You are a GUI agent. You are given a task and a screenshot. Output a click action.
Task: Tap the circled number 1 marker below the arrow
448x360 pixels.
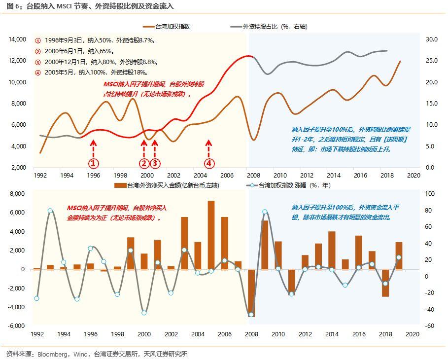(94, 163)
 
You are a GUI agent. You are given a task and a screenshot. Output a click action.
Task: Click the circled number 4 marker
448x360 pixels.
(209, 163)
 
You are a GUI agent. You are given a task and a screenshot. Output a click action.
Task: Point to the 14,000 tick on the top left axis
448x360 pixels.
(17, 39)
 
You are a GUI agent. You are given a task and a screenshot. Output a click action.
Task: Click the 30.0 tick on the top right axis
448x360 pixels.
(432, 39)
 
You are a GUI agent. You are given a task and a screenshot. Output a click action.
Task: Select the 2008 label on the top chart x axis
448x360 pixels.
(254, 175)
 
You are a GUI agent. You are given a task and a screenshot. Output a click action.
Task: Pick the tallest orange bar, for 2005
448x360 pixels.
(211, 235)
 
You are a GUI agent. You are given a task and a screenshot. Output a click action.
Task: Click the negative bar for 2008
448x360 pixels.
(251, 293)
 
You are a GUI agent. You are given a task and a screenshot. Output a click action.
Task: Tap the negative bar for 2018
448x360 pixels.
(385, 283)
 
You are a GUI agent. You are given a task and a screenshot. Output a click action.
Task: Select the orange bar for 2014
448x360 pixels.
(332, 251)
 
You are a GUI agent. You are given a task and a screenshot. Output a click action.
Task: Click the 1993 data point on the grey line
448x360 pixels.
(50, 211)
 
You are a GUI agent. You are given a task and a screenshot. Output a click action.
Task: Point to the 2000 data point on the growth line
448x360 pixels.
(144, 313)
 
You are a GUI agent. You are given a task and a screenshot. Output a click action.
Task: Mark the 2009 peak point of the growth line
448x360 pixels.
(265, 212)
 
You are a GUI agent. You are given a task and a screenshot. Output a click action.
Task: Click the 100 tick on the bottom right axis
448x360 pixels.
(430, 194)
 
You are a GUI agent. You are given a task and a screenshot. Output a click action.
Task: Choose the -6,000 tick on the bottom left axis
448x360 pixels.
(17, 325)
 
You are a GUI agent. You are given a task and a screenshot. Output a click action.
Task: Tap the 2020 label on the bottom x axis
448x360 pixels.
(413, 334)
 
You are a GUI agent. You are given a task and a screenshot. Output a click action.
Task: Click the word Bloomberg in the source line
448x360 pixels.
(53, 354)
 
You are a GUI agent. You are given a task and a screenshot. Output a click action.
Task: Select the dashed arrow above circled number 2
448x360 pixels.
(144, 149)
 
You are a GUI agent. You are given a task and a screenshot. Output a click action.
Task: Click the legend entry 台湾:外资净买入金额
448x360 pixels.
(167, 185)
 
